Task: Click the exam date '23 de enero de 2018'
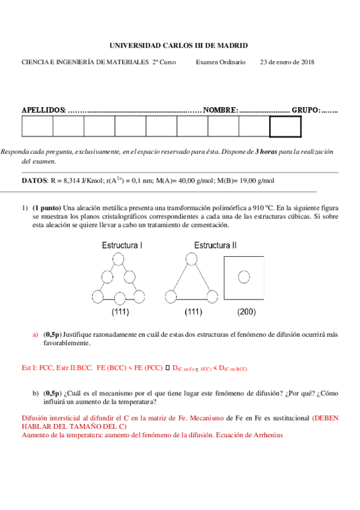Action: pyautogui.click(x=287, y=62)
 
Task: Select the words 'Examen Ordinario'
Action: pyautogui.click(x=221, y=62)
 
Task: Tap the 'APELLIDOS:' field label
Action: pyautogui.click(x=44, y=110)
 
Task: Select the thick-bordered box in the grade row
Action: pyautogui.click(x=285, y=127)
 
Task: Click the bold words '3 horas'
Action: pyautogui.click(x=266, y=153)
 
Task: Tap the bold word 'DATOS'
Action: pyautogui.click(x=34, y=180)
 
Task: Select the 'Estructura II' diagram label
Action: pyautogui.click(x=215, y=245)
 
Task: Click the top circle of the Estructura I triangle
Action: pyautogui.click(x=119, y=259)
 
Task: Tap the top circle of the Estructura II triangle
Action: pyautogui.click(x=191, y=259)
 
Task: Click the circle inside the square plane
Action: pyautogui.click(x=243, y=277)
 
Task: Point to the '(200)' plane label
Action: pyautogui.click(x=246, y=312)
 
